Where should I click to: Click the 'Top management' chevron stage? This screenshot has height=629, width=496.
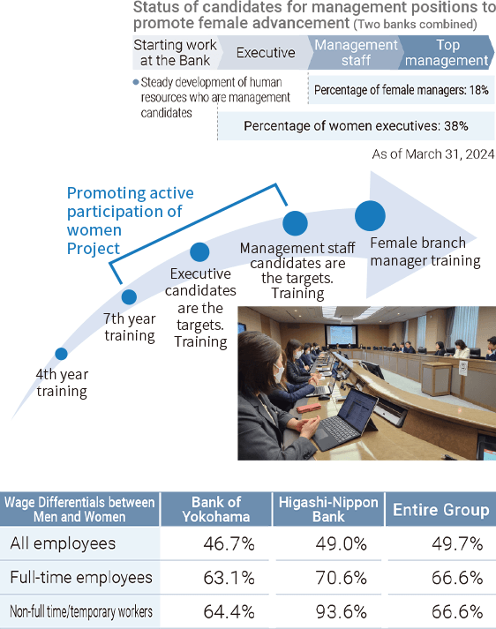tap(447, 53)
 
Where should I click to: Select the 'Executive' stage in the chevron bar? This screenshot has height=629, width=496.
tap(266, 53)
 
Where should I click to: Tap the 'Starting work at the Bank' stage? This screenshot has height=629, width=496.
tap(176, 53)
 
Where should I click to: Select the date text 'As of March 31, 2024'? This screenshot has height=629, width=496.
tap(433, 154)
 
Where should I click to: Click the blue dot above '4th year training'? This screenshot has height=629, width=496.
tap(61, 354)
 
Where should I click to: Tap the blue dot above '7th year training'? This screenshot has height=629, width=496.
tap(129, 296)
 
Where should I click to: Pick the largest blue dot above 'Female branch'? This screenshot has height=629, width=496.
tap(370, 216)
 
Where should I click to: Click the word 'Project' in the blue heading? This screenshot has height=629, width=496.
tap(93, 249)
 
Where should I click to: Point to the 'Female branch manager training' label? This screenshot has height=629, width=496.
tap(425, 252)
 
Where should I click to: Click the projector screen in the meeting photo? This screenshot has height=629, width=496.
tap(342, 334)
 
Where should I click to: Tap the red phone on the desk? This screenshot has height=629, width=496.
tap(309, 408)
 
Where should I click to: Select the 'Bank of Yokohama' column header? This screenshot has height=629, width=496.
tap(216, 509)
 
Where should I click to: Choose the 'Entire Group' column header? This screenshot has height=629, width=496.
tap(441, 509)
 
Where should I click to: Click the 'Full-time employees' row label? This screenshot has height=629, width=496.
tap(81, 578)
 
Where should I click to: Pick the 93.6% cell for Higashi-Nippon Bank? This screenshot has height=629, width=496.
tap(341, 612)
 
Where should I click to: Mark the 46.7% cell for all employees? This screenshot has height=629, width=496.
tap(229, 544)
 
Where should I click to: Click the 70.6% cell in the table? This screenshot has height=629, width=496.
tap(341, 578)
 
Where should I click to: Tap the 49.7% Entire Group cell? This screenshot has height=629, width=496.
tap(457, 544)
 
